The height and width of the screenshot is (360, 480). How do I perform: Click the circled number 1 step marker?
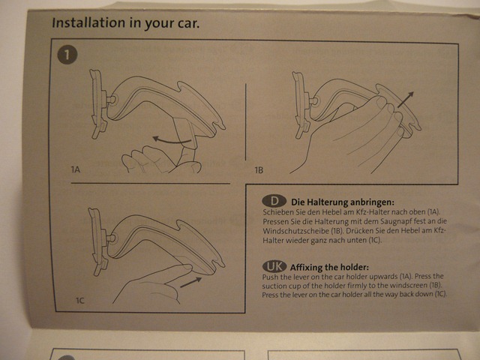67,55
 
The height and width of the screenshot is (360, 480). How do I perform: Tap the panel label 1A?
75,169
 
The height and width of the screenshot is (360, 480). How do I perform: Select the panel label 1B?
259,170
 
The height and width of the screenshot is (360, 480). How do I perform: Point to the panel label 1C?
79,301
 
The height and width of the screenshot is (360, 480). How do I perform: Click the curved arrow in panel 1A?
172,140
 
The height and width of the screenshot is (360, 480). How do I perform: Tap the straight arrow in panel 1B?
406,99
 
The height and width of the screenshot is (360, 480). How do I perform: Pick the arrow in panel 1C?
191,282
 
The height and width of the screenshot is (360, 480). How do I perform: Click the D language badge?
274,201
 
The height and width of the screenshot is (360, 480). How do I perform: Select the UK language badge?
274,266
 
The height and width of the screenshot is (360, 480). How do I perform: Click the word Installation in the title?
88,22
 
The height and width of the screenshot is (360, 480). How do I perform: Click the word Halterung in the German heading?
327,202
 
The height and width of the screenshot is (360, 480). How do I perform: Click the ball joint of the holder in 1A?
112,100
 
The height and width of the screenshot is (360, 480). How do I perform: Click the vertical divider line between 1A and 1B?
245,121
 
